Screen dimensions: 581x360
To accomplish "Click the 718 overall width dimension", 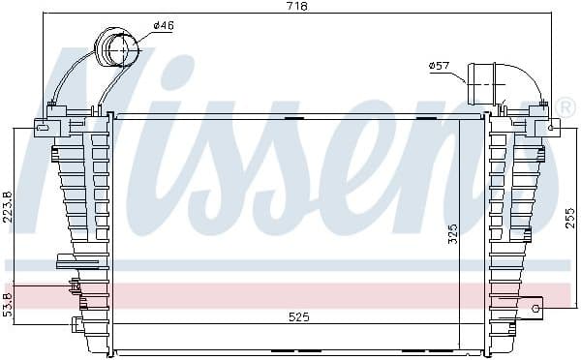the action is [297, 7].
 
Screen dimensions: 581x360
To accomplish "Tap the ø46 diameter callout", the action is [163, 25].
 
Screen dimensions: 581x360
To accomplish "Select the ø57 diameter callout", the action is [439, 66].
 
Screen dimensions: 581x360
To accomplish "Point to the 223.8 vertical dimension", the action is [8, 207].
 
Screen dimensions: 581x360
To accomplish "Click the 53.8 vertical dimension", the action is [8, 304].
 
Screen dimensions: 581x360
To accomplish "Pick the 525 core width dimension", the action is [298, 317].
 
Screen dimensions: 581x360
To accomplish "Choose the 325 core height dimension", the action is [453, 233].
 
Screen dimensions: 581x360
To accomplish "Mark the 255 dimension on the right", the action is [571, 218].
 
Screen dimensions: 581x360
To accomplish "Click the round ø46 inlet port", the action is [117, 47].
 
